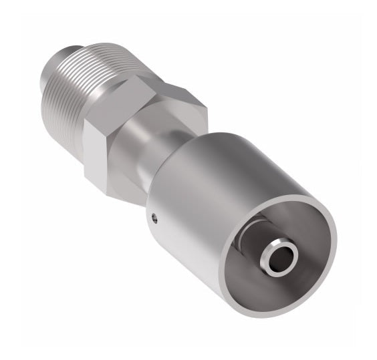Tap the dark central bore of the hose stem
tap(277, 254)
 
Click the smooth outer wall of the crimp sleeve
tap(201, 200)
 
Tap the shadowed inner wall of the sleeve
tap(294, 220)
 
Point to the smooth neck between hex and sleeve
tap(144, 157)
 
